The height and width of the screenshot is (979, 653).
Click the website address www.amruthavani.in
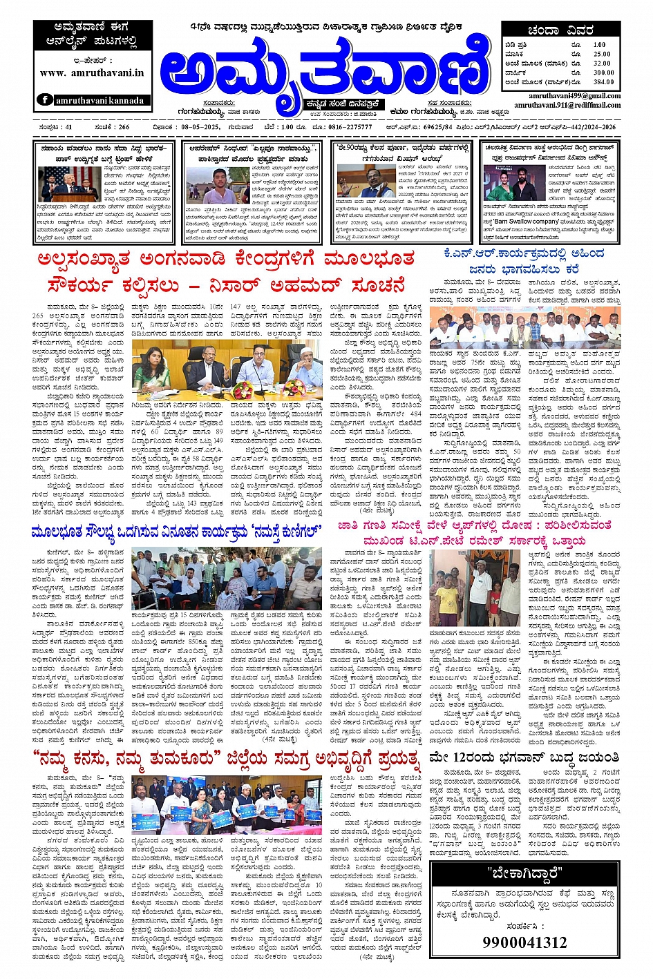pos(92,72)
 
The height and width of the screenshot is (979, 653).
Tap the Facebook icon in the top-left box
pos(45,100)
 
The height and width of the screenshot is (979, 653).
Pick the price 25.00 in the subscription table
pos(602,54)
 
